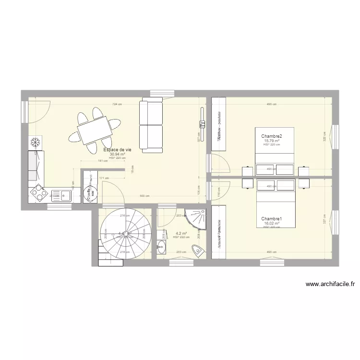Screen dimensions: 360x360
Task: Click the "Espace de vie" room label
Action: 118,150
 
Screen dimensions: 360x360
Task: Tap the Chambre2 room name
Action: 272,137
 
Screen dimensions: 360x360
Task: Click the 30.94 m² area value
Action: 118,155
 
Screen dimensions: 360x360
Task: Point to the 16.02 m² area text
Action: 272,223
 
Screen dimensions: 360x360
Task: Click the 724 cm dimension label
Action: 117,104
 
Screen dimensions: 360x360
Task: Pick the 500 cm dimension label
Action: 144,196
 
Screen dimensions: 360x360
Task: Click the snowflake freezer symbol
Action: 35,142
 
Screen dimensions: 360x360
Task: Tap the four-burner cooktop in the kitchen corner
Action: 37,193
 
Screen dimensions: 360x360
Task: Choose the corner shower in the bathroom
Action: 198,218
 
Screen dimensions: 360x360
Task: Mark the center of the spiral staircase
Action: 124,234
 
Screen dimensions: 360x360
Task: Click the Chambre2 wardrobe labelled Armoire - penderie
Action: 218,124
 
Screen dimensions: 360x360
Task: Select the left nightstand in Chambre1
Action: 248,183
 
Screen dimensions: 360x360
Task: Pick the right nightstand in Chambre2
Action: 303,171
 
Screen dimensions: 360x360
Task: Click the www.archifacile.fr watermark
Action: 330,284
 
